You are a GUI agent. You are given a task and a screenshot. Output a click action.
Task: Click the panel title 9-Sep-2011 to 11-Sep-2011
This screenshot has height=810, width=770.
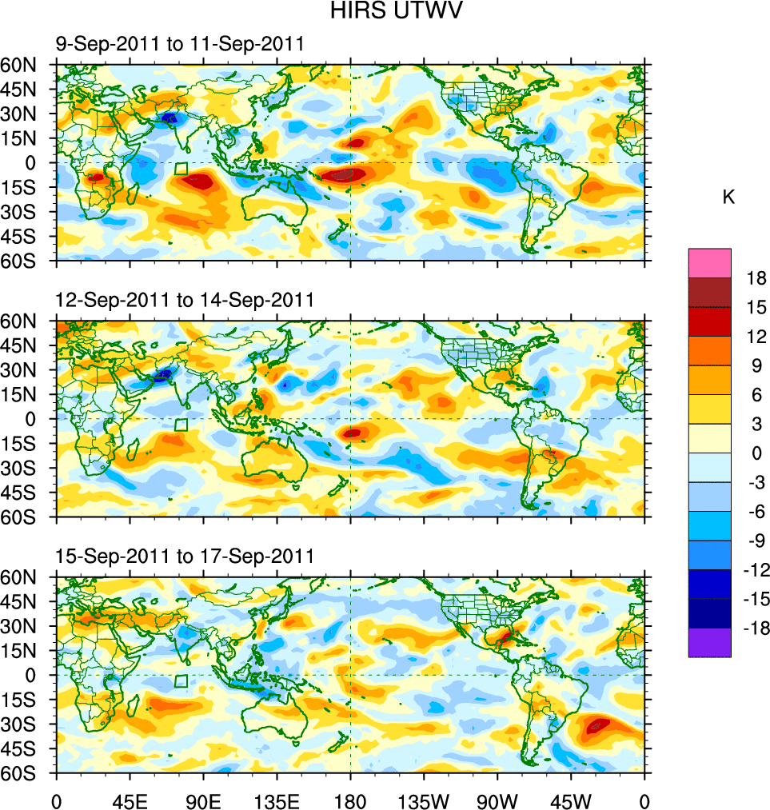click(179, 44)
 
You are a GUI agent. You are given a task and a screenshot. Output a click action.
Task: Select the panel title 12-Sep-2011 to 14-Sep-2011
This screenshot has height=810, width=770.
click(184, 300)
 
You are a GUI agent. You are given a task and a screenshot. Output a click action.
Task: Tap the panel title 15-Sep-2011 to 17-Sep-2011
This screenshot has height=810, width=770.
click(184, 556)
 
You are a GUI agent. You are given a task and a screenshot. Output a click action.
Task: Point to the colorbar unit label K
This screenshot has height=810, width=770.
click(728, 198)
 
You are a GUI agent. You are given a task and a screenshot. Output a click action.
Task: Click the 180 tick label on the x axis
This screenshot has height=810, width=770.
click(350, 800)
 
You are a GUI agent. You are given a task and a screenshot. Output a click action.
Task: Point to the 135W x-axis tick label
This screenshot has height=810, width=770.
click(423, 800)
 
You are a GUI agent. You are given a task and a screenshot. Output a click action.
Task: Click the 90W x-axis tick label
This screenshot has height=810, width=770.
click(497, 800)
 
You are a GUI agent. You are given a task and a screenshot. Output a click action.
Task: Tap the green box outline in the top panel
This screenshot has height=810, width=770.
click(182, 169)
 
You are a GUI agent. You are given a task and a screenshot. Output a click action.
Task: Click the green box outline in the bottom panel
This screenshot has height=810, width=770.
click(182, 680)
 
